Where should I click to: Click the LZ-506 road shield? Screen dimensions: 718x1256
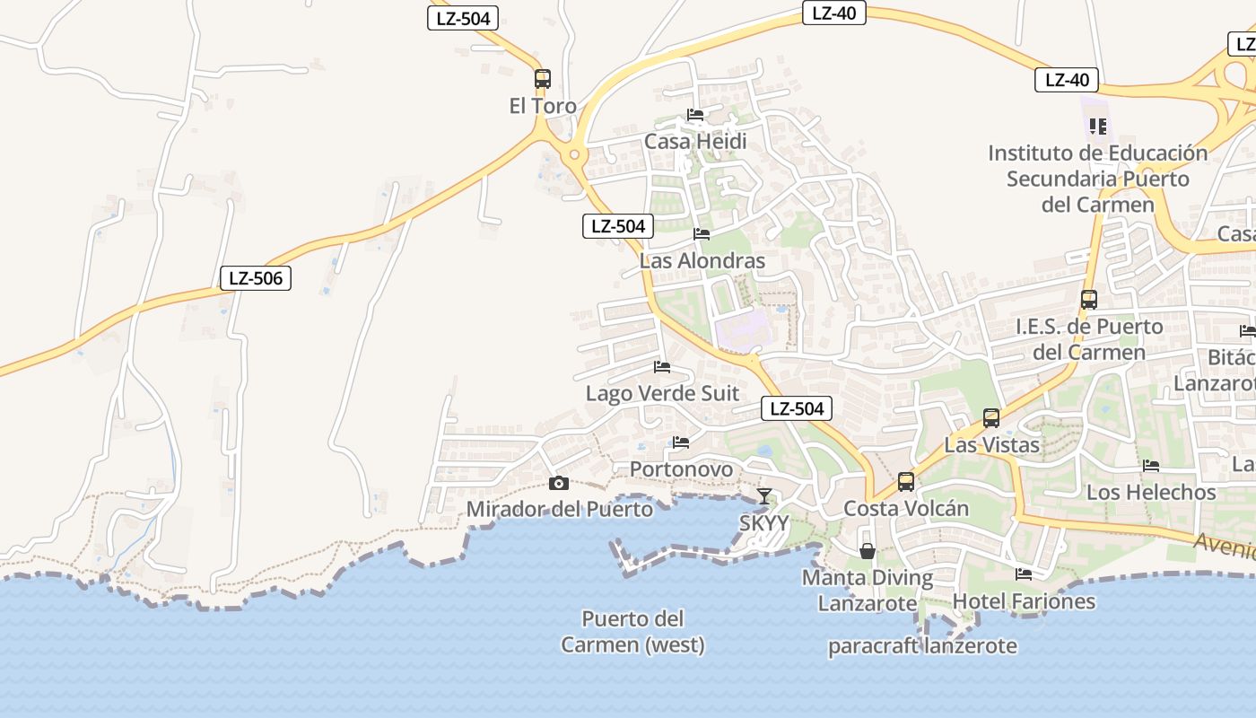256,278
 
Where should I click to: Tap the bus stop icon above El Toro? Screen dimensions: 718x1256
542,78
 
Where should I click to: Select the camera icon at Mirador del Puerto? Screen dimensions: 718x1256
559,484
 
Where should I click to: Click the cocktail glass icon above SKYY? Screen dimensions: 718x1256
763,495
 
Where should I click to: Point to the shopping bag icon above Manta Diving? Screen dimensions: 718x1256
868,550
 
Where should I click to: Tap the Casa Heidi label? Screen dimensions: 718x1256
695,142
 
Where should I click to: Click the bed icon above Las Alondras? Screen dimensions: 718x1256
702,234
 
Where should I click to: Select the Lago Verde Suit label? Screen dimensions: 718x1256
662,393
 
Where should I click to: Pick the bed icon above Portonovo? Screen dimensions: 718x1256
681,442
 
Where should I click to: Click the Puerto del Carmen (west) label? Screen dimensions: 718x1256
632,632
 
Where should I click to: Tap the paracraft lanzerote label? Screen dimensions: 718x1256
922,646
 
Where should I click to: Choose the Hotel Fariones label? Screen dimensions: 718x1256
1024,601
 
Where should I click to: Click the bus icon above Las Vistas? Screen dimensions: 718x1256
991,417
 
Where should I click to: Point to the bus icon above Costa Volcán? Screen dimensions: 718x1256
906,482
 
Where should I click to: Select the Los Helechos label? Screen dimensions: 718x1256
1151,492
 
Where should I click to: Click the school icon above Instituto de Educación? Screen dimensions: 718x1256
1098,127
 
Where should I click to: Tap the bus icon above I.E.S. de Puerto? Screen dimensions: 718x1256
1089,300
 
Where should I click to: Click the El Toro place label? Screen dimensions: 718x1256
543,106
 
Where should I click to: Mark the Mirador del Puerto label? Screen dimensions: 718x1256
560,510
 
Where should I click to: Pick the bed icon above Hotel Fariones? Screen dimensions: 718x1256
1024,574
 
